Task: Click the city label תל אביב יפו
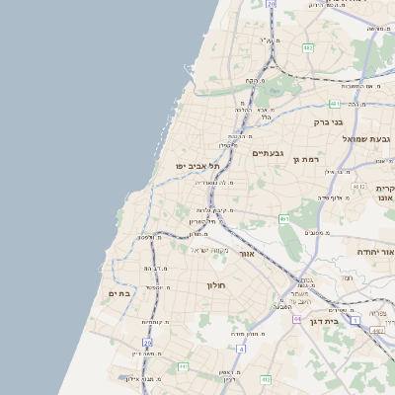point(197,167)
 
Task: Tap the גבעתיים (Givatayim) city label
point(268,154)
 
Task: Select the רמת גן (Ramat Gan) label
point(308,158)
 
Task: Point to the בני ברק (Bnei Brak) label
point(328,122)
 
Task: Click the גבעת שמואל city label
point(367,139)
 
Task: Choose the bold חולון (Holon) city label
point(216,285)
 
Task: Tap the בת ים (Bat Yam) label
point(118,293)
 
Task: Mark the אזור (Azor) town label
point(247,254)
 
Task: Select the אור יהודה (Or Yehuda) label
point(374,252)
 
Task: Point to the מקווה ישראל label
point(208,250)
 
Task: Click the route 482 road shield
point(308,47)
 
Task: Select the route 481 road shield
point(335,103)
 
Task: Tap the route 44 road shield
point(297,319)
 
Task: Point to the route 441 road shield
point(183,366)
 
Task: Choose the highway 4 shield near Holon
point(241,349)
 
